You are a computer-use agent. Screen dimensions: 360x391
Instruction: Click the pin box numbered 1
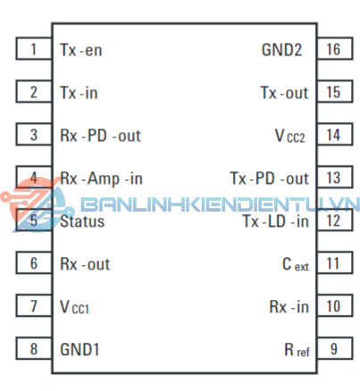(34, 48)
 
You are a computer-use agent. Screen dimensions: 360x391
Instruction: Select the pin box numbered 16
(335, 48)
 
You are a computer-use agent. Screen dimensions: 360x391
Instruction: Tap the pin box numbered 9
(335, 348)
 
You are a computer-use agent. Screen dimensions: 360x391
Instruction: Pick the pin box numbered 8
(34, 348)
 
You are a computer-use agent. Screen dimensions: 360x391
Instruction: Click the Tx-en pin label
(81, 50)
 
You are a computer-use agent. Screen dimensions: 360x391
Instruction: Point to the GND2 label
(281, 50)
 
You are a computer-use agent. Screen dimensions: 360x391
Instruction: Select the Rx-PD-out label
(100, 136)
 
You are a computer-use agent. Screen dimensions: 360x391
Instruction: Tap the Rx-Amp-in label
(101, 179)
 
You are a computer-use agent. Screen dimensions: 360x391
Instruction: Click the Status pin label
(82, 221)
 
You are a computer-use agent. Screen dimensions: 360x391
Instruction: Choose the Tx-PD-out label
(269, 179)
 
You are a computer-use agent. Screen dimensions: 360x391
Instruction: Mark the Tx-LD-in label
(276, 221)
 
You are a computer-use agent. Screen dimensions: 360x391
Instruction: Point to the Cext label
(296, 264)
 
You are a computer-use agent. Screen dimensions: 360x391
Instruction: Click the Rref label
(297, 350)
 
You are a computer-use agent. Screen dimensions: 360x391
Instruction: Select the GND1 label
(80, 349)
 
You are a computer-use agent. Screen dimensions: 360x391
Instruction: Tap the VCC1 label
(74, 307)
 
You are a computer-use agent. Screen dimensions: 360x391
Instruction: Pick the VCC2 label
(290, 136)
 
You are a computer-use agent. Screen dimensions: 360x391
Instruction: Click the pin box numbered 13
(335, 177)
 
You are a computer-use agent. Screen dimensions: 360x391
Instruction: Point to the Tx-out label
(284, 93)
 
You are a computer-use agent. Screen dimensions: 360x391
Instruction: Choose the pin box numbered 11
(335, 262)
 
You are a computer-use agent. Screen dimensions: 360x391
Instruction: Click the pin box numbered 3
(34, 134)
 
